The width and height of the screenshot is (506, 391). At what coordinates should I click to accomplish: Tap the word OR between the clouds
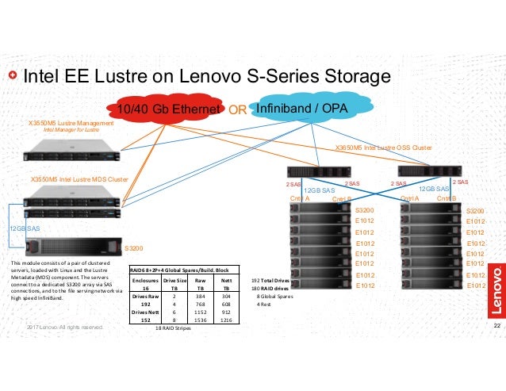(x=238, y=109)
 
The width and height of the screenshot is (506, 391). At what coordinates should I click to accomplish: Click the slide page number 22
(x=493, y=326)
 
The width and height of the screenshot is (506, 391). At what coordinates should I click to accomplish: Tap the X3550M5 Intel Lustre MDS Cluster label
(x=79, y=180)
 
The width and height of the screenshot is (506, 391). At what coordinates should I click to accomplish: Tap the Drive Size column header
(x=174, y=281)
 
